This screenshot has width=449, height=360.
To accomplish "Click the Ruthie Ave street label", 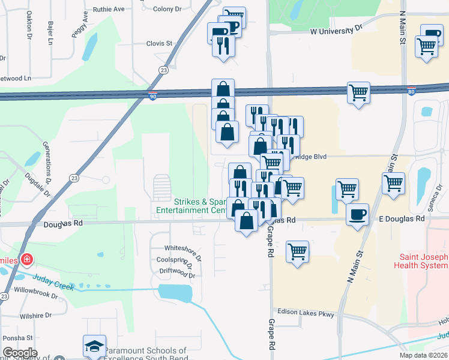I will click(109, 10).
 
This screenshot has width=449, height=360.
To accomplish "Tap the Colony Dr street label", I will click(167, 9).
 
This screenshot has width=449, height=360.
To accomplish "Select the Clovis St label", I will click(159, 43).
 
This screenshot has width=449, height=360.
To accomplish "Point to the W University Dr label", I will click(336, 28).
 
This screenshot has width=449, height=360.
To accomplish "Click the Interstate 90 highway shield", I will click(153, 96).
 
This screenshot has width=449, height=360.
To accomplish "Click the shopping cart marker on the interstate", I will click(358, 93).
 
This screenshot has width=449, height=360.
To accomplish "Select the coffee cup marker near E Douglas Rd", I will click(358, 214).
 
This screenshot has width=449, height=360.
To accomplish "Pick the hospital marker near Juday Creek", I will click(26, 260).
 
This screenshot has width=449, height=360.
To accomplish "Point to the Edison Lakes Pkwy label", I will click(305, 312).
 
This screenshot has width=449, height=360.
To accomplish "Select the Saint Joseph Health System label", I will click(421, 262).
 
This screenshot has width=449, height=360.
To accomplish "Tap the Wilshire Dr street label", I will click(35, 314).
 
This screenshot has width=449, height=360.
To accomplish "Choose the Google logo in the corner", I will click(20, 352).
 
